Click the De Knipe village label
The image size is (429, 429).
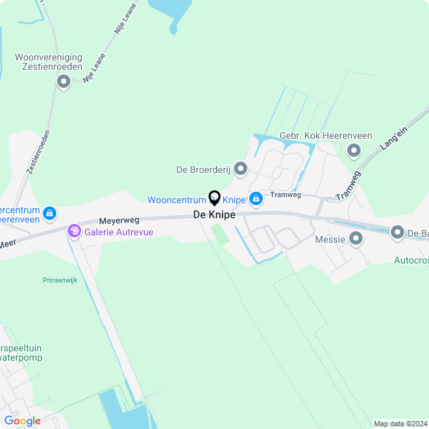click(214, 215)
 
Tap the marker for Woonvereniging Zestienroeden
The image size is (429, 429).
click(64, 82)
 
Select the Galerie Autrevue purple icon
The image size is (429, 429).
click(74, 232)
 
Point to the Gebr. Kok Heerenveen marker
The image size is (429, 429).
click(353, 151)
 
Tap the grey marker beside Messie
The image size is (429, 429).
click(356, 239)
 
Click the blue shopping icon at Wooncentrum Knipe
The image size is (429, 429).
click(255, 199)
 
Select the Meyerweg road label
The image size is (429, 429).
click(119, 219)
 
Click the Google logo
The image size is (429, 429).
click(22, 421)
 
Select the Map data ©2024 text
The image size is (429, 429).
click(400, 424)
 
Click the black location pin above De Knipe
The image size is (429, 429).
click(214, 198)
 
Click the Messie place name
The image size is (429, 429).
click(330, 239)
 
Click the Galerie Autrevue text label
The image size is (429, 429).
click(119, 232)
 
